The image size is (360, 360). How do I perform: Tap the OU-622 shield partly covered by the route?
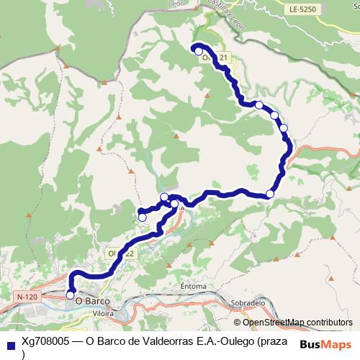tap(120, 253)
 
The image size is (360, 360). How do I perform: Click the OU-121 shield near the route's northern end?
tap(216, 57)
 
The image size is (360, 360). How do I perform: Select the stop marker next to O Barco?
tap(70, 294)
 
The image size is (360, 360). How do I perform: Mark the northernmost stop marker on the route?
tap(198, 51)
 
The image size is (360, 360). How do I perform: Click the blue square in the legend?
tap(9, 343)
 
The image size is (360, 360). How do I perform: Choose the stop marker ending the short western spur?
tap(143, 217)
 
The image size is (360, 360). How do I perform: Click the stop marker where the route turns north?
tap(270, 194)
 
